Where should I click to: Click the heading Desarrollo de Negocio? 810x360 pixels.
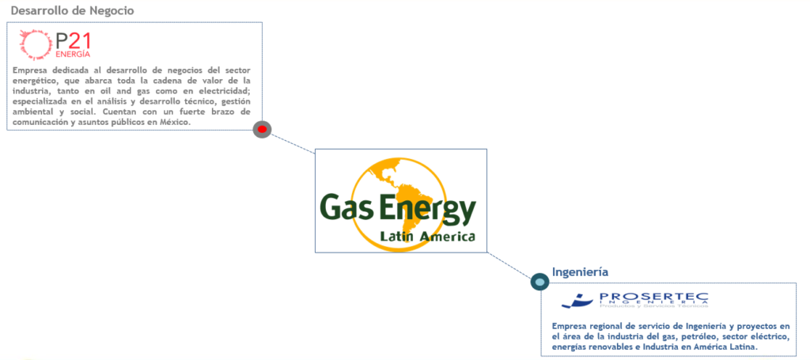pos(72,11)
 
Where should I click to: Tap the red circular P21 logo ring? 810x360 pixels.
pos(34,44)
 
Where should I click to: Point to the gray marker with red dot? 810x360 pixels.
pos(262,129)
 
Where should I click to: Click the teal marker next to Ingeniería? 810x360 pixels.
pos(539,281)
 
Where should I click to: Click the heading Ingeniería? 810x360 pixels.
pos(580,272)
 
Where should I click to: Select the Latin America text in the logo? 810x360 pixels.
pos(427,237)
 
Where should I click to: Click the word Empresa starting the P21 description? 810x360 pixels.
pos(32,70)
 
